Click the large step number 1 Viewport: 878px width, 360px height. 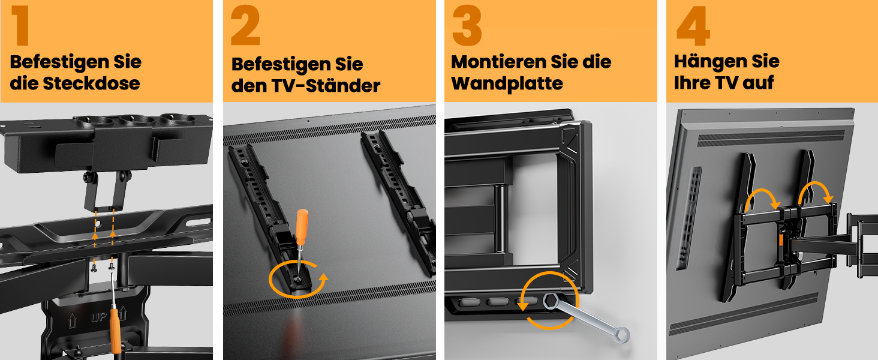pos(21,26)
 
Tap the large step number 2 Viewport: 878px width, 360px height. pos(245,26)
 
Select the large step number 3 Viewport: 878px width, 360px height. pos(467,26)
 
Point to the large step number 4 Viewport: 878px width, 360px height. pos(693,26)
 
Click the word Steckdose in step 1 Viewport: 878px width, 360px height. pos(91,83)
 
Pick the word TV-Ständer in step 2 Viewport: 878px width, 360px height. pos(326,85)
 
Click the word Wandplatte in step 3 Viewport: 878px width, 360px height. pos(507,84)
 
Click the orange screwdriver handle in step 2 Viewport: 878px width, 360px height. pos(302,227)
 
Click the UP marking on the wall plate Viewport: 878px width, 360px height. pos(98,317)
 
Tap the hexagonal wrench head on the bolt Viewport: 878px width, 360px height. pos(551,301)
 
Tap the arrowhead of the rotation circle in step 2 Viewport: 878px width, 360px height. pos(323,280)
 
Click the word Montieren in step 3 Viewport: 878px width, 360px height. pos(498,62)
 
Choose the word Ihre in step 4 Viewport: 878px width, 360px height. pos(691,83)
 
